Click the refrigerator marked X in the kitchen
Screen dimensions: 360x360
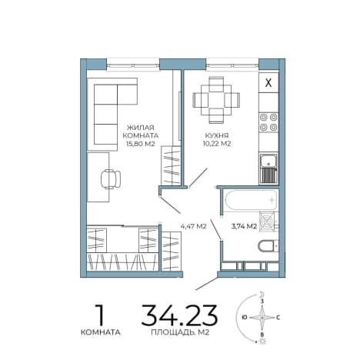pos(268,82)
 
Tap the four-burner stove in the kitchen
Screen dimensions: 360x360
pos(268,122)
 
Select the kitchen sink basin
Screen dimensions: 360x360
pos(268,162)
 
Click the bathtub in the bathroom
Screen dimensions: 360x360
pos(251,200)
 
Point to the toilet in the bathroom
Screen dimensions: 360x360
pos(268,246)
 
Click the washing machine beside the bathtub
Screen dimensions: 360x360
pos(267,222)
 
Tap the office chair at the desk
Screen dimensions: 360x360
pos(111,179)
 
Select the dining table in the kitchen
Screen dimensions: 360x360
pos(216,100)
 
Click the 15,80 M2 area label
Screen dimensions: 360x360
pos(141,144)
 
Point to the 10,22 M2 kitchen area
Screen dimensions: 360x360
pos(217,144)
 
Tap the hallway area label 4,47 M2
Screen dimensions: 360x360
pos(194,226)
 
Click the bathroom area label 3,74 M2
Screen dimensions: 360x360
pos(244,226)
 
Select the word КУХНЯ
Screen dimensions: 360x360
pos(217,135)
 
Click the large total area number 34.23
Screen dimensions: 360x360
pos(179,315)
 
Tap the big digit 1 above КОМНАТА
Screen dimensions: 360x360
pos(100,315)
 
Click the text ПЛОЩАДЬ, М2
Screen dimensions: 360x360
pos(180,332)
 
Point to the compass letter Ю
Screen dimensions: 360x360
pos(245,318)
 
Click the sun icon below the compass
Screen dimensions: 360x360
pos(262,342)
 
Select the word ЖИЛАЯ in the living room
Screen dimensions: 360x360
pos(141,128)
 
